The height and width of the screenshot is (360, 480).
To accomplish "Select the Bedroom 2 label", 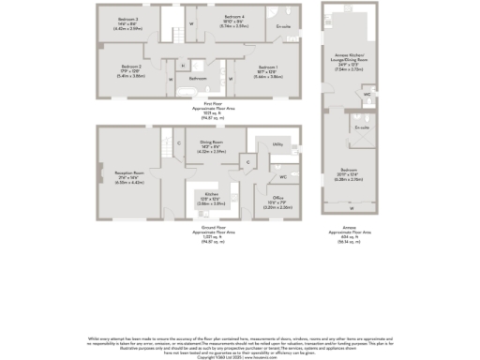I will point(131,67).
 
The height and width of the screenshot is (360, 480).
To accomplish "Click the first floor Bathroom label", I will point(198,78).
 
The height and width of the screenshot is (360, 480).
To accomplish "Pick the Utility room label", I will point(277,143).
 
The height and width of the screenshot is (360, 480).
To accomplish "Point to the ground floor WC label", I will point(282,176).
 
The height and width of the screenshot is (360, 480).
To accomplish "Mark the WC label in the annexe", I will point(367,95).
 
